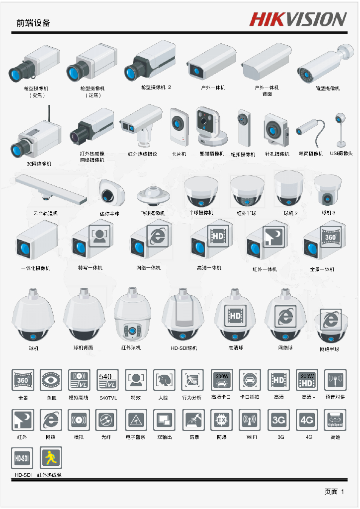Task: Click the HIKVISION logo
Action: coord(297,19)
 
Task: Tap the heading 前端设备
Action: coord(33,23)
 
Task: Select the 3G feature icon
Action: coord(278,420)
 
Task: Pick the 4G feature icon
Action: coord(307,420)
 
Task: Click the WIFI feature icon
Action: coord(250,420)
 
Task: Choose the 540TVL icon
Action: coord(107,380)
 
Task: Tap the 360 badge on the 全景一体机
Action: coord(330,237)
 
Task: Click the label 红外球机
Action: coord(131,348)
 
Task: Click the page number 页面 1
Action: coord(334,492)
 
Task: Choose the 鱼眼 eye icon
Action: coord(51,380)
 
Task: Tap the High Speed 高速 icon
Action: coord(335,420)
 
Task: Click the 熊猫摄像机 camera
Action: coord(210,125)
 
